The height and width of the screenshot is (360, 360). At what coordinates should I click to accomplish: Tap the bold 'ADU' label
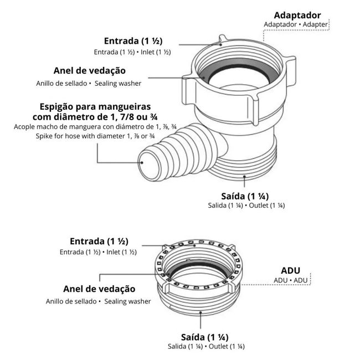tap(290, 270)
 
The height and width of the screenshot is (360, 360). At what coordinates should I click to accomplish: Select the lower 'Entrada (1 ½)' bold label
tap(99, 241)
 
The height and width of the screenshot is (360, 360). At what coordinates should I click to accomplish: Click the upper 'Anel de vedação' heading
tap(90, 71)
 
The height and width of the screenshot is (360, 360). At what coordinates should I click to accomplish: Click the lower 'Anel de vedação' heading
tap(99, 289)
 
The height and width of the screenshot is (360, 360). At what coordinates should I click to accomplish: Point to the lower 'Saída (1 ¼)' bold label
tap(205, 337)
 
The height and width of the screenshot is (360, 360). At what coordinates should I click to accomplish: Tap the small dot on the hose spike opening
tap(142, 163)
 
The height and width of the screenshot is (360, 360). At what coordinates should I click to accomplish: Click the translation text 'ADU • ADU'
tap(290, 280)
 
